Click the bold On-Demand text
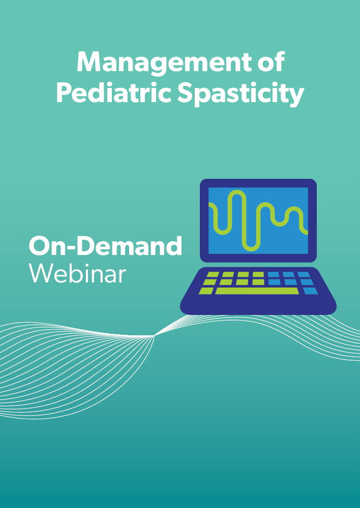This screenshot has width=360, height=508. point(105,246)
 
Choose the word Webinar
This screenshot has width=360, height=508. point(77,273)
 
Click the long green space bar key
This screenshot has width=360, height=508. point(257,291)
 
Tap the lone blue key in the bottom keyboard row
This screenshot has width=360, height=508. point(310,291)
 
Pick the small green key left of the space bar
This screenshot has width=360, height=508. point(206,291)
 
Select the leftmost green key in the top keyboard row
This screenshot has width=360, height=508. point(213,274)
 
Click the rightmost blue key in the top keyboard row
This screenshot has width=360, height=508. point(304,274)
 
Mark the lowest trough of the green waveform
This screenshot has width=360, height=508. point(251,249)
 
